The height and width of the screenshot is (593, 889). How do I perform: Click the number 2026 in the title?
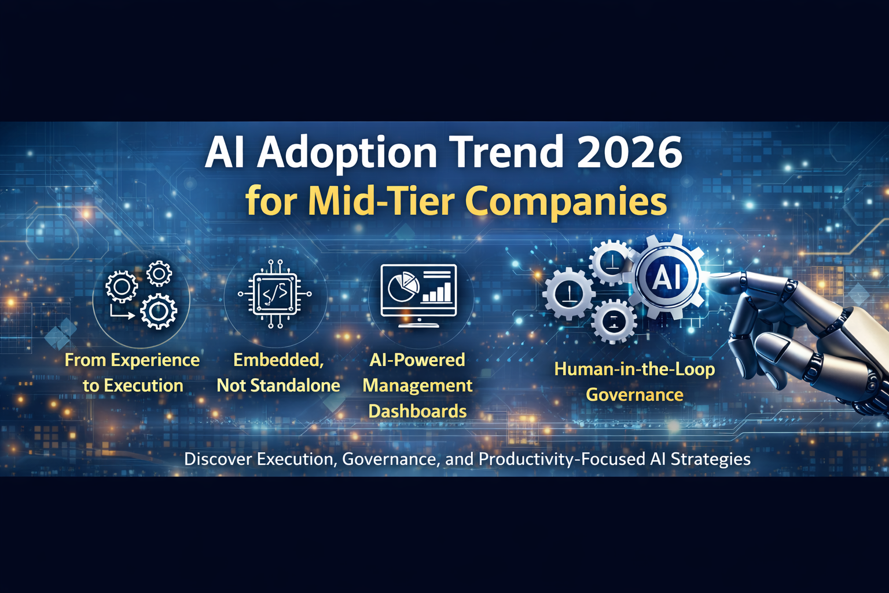click(629, 152)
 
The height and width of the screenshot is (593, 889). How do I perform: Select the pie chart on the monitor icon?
click(403, 287)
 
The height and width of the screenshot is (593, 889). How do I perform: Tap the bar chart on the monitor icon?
click(436, 292)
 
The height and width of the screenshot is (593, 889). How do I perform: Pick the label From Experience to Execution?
click(132, 372)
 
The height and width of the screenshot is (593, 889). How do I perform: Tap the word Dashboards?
click(417, 411)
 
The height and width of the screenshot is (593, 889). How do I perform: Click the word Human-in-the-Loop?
click(634, 369)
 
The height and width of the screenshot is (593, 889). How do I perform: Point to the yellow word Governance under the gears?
click(634, 395)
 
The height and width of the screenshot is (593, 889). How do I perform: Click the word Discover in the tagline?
click(218, 459)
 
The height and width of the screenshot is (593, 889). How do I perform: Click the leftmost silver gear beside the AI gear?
click(568, 294)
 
